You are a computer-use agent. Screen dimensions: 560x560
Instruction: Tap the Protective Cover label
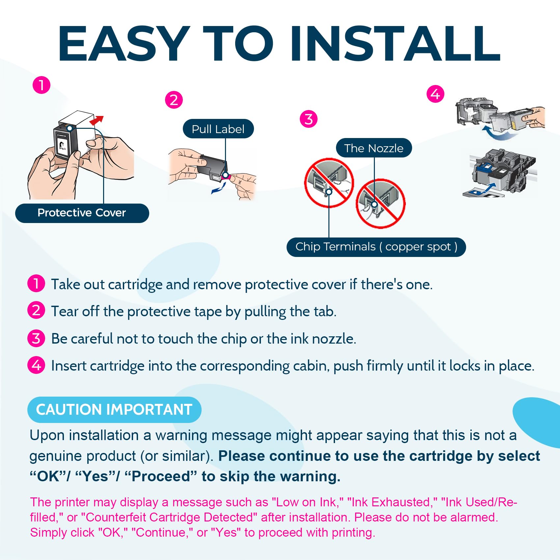[82, 213]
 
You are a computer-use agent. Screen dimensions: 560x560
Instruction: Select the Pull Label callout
[218, 129]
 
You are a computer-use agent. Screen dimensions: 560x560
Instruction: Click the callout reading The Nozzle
[374, 148]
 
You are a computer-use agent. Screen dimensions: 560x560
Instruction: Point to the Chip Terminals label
[376, 247]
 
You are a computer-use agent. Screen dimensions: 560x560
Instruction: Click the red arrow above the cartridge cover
[97, 120]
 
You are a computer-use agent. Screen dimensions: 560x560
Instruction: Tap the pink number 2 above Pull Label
[174, 100]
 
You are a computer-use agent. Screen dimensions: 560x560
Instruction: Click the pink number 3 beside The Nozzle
[309, 119]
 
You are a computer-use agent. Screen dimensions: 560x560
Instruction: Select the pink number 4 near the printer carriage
[435, 94]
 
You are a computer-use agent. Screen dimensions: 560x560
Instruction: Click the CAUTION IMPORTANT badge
[114, 409]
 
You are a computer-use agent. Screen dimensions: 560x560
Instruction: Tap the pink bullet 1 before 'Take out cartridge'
[36, 283]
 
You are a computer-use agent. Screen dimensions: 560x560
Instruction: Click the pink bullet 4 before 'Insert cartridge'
[36, 365]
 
